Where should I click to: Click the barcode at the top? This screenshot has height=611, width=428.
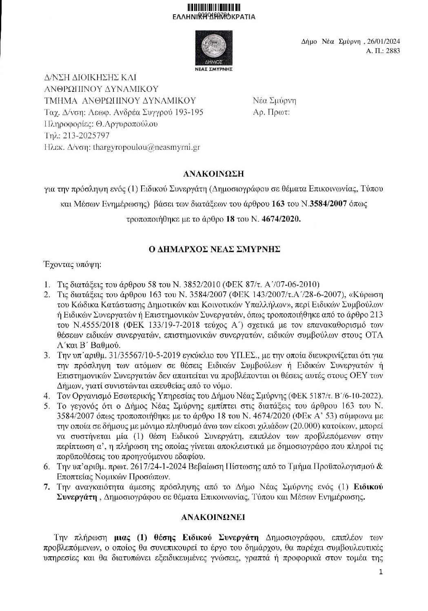[x=214, y=7]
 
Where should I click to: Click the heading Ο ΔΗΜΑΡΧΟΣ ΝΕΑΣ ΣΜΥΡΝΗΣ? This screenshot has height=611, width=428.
[x=214, y=249]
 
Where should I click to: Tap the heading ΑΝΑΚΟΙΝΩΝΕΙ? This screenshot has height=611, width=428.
[x=213, y=517]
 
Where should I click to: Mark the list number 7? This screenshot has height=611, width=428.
[x=47, y=487]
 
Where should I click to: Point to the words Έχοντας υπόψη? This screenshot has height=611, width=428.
[x=72, y=264]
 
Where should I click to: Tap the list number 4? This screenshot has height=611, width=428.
[x=47, y=396]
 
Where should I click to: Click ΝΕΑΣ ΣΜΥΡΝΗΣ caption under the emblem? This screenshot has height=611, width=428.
[x=214, y=69]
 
